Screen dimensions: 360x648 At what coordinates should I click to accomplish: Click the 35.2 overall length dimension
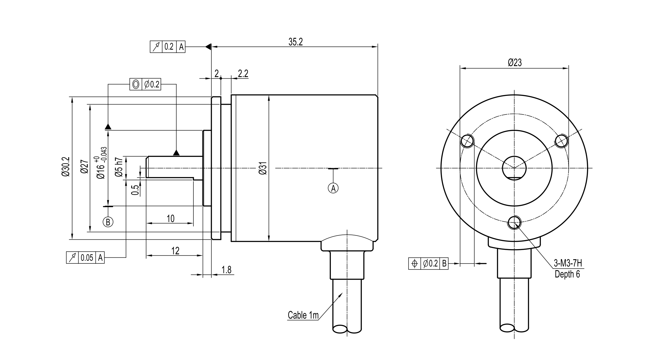coord(296,42)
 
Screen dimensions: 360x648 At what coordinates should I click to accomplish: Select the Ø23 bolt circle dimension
coord(515,63)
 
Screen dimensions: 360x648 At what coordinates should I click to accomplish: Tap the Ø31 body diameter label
coord(263,168)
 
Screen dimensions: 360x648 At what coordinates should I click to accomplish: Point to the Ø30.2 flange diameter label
coord(66,167)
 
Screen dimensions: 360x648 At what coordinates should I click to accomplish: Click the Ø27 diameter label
coord(84,167)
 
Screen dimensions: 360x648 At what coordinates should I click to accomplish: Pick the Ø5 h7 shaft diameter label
coord(119,167)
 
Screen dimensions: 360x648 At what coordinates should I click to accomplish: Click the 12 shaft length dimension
coord(175,251)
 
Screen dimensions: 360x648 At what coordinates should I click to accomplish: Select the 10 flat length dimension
coord(171,219)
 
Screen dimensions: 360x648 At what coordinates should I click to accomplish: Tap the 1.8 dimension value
coord(226,270)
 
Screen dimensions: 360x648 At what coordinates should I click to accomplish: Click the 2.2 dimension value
coord(243,74)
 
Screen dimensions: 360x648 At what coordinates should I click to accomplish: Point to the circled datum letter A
coord(333,188)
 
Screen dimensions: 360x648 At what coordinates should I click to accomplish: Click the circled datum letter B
coord(108,222)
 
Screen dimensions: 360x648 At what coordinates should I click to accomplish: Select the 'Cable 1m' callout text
coord(303,315)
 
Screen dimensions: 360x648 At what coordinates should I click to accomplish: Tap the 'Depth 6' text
coord(567,274)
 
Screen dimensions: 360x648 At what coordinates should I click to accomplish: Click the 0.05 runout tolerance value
coord(87,258)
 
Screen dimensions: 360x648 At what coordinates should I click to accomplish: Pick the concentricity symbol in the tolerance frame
coord(136,84)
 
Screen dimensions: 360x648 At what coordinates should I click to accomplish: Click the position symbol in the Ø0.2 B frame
coord(414,263)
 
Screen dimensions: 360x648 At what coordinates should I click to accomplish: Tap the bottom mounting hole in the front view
coord(514,222)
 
